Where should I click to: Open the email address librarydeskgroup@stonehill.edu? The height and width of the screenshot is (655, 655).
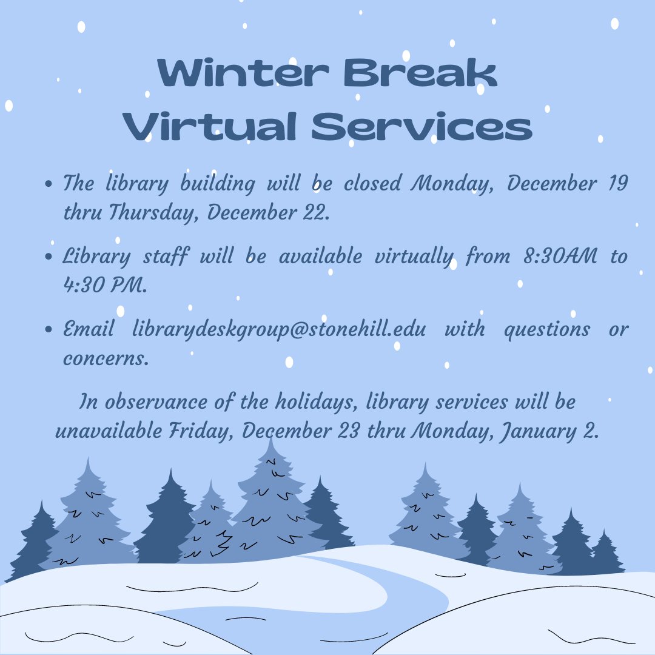(280, 330)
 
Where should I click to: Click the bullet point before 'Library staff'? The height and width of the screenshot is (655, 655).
(51, 257)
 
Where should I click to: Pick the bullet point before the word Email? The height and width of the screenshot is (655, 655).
(51, 331)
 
